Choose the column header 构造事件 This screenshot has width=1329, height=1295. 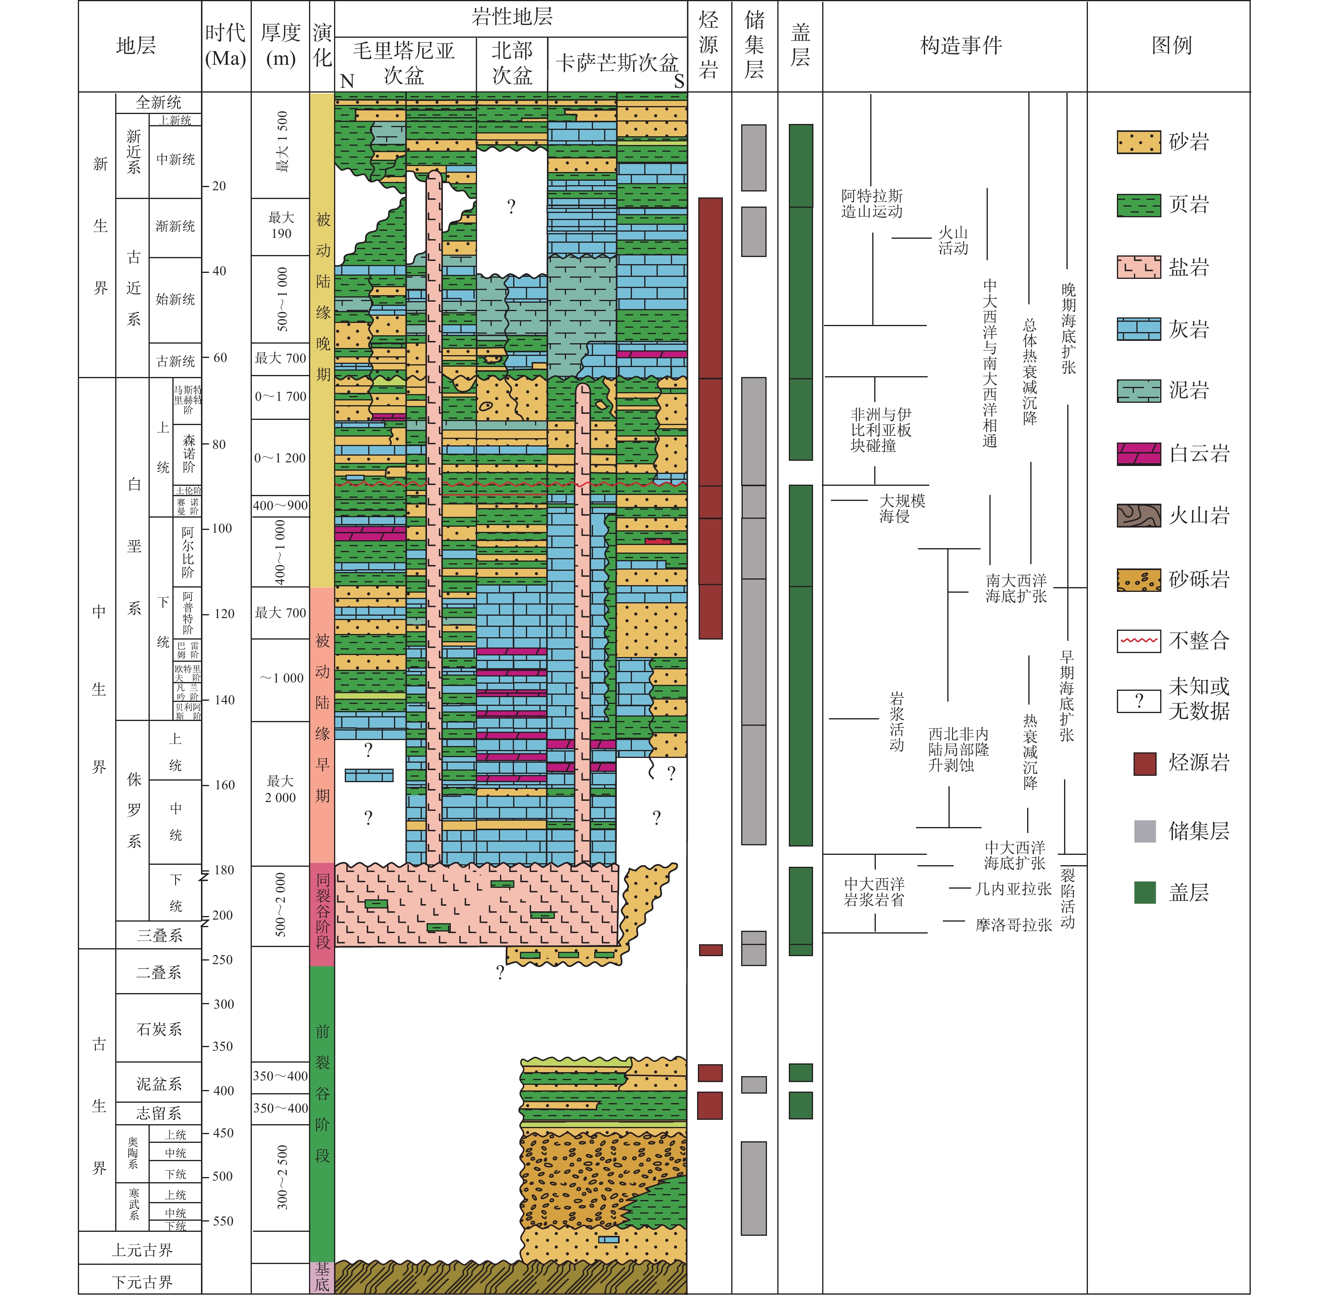coord(960,46)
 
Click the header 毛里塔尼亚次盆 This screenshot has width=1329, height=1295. coord(404,63)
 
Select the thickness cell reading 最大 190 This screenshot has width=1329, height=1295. coord(280,226)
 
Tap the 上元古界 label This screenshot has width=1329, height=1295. coord(142,1250)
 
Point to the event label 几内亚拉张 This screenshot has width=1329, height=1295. coord(1013,889)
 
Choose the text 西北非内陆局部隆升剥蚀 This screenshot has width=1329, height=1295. coord(958,750)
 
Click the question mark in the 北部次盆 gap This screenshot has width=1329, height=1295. coord(512,207)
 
